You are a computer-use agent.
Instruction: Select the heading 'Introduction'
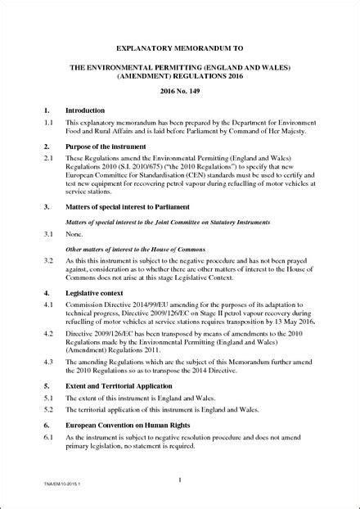pos(85,110)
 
